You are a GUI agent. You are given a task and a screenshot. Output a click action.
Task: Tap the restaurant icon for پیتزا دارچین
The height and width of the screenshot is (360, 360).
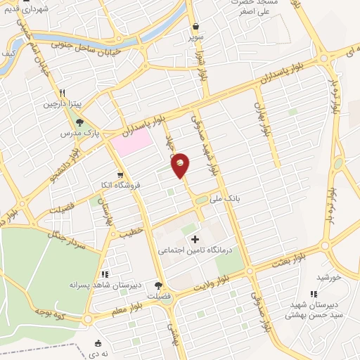(62, 93)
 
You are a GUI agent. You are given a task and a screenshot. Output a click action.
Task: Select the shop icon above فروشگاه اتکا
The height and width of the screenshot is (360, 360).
(121, 175)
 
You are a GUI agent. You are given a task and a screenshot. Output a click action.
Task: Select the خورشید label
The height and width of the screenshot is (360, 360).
(328, 277)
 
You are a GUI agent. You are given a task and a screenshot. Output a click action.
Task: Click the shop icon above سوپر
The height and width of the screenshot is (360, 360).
(195, 27)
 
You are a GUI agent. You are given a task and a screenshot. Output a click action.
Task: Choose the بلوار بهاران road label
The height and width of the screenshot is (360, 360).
(266, 120)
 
